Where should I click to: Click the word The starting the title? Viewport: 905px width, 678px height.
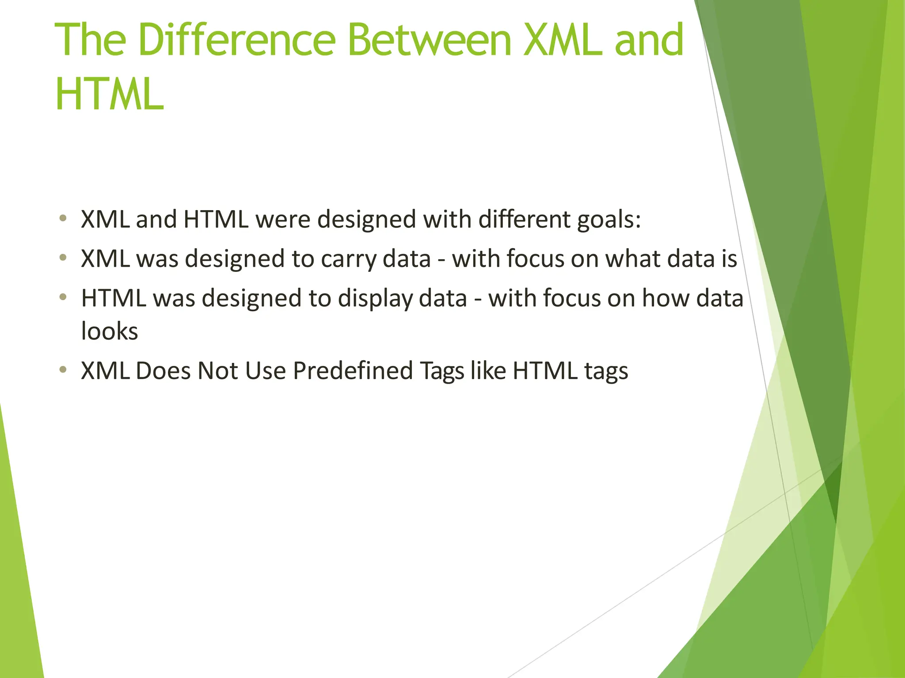pyautogui.click(x=91, y=41)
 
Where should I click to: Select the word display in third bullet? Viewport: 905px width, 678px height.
pyautogui.click(x=375, y=299)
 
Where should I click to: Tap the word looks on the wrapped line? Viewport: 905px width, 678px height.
pyautogui.click(x=110, y=331)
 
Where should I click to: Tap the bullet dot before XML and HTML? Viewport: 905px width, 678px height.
pyautogui.click(x=63, y=218)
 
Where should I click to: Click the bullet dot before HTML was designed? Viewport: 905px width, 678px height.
pyautogui.click(x=63, y=297)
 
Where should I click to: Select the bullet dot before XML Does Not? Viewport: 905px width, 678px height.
pyautogui.click(x=63, y=369)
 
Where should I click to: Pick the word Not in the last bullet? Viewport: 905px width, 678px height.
pyautogui.click(x=217, y=371)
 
